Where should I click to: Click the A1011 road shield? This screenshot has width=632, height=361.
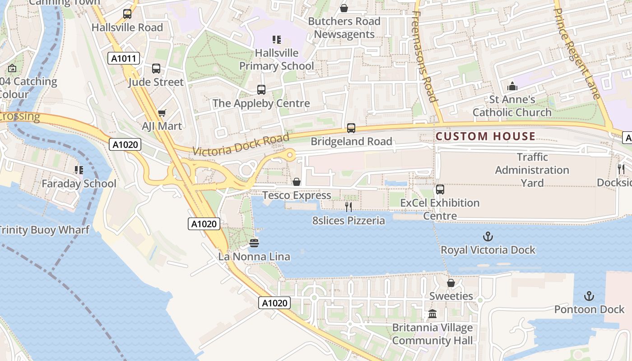click(x=124, y=58)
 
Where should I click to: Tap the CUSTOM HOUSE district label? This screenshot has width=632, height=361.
click(x=486, y=136)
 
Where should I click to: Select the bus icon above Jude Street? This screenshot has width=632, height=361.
click(x=156, y=69)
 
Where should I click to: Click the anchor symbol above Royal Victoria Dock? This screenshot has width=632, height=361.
click(x=488, y=236)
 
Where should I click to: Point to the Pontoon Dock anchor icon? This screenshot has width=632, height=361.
click(x=589, y=296)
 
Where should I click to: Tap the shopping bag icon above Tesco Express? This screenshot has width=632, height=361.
click(x=297, y=182)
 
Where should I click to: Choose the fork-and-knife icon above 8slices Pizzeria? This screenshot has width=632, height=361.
click(x=349, y=207)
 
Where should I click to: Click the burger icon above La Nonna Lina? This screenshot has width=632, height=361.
click(x=254, y=243)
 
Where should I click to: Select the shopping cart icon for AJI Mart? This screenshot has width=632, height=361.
click(x=162, y=113)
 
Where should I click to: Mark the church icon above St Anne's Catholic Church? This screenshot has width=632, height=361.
click(x=512, y=86)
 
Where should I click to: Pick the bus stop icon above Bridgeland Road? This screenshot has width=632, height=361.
click(x=351, y=128)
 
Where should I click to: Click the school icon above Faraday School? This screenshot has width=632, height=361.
click(x=79, y=170)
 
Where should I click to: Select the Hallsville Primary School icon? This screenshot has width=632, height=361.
click(x=277, y=40)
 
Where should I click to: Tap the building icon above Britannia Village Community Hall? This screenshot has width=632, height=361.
click(x=432, y=314)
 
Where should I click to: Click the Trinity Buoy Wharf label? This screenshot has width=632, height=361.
click(x=44, y=230)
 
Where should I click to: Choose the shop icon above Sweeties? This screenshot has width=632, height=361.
click(x=451, y=283)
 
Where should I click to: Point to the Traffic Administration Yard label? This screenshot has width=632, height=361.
click(x=532, y=170)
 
